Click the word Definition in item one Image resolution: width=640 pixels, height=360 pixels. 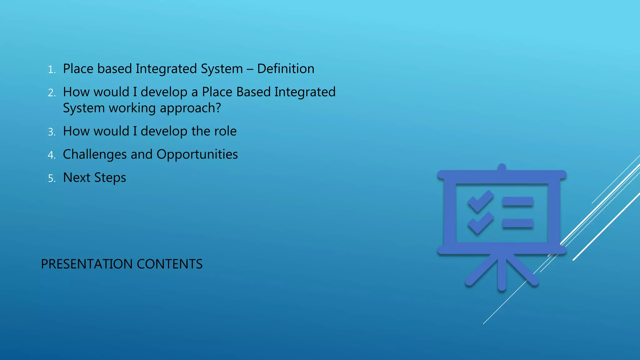pyautogui.click(x=286, y=69)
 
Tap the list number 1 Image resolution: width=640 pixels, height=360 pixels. pyautogui.click(x=51, y=70)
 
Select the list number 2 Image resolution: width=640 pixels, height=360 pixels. pyautogui.click(x=52, y=93)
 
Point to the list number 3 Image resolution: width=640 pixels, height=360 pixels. pyautogui.click(x=52, y=132)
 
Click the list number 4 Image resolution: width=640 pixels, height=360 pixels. pyautogui.click(x=52, y=155)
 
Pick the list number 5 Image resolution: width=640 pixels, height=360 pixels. pyautogui.click(x=52, y=178)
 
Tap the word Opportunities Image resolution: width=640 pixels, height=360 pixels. pyautogui.click(x=197, y=155)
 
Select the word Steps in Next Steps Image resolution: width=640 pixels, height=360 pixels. pyautogui.click(x=110, y=178)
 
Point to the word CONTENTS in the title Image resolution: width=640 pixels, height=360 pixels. pyautogui.click(x=169, y=264)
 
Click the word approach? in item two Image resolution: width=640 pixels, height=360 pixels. pyautogui.click(x=190, y=108)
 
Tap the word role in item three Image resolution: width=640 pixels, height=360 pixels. pyautogui.click(x=225, y=131)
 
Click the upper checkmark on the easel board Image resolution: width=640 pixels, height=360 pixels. pyautogui.click(x=480, y=201)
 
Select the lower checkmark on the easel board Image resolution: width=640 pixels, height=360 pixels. pyautogui.click(x=480, y=223)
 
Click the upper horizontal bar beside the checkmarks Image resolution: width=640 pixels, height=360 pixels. pyautogui.click(x=518, y=202)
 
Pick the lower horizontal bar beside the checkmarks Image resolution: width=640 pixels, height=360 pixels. pyautogui.click(x=518, y=223)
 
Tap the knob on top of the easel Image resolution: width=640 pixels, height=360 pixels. pyautogui.click(x=502, y=167)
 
